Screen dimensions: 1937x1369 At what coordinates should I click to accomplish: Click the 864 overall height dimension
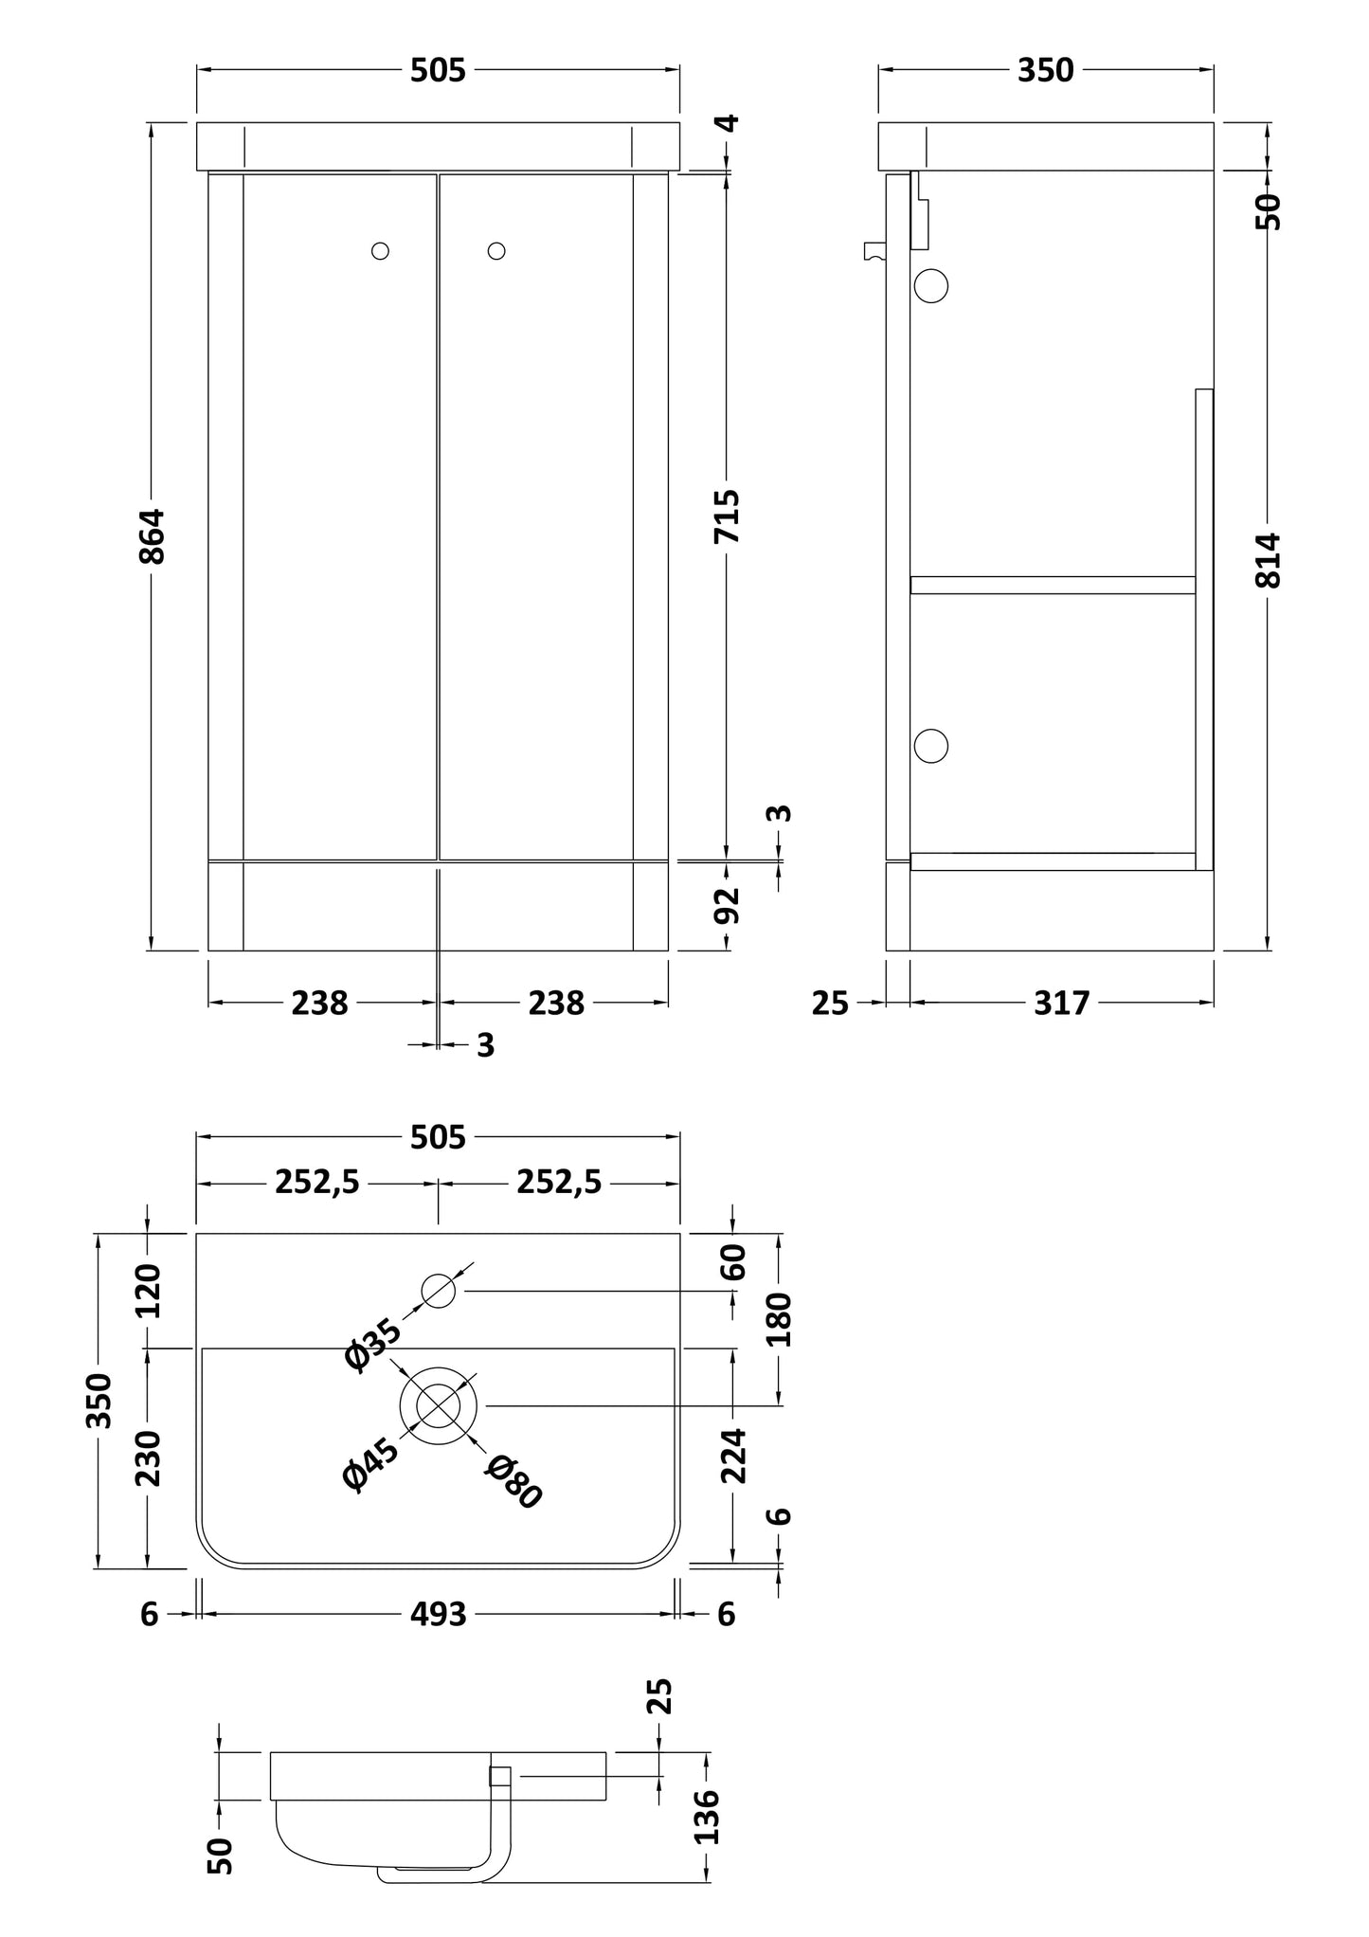153,536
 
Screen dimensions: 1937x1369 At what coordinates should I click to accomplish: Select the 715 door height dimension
727,516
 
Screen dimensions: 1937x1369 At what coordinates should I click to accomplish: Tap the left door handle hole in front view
380,251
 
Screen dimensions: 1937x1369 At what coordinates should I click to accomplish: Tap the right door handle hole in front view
496,251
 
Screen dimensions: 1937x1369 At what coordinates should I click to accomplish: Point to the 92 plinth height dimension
727,905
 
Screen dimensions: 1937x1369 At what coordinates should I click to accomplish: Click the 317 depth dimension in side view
1061,1003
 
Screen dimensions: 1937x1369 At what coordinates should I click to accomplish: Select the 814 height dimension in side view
1269,560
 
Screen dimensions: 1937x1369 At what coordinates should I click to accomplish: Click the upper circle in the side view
931,285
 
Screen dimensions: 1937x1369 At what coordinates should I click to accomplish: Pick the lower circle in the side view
931,746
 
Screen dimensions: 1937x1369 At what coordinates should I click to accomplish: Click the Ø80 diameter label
513,1481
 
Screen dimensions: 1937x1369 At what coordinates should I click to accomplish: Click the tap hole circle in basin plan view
438,1291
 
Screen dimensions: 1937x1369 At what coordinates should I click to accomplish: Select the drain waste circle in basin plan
438,1405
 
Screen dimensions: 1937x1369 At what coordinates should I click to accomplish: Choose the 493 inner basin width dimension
439,1614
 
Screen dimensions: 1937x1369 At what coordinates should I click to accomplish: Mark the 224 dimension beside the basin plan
733,1456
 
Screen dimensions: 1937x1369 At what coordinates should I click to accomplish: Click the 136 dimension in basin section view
707,1816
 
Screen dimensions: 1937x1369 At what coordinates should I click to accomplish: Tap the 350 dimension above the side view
1045,70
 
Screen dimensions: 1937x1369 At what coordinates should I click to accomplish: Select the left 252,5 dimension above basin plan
317,1183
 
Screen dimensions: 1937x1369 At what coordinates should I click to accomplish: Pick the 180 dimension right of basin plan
779,1318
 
